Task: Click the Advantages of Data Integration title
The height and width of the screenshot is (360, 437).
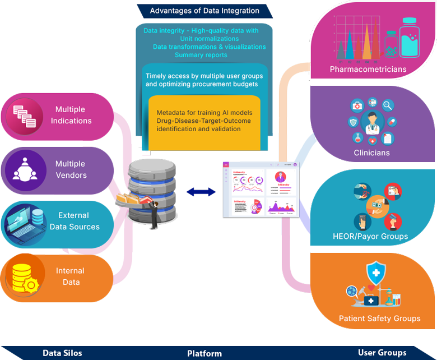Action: pos(204,11)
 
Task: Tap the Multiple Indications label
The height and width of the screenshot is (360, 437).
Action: pos(71,115)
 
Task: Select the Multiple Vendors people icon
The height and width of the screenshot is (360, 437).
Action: pos(24,169)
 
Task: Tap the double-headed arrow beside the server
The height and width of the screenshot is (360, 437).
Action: pos(201,192)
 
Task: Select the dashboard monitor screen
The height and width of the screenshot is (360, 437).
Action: pos(261,190)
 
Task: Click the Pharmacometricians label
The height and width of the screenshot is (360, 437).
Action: pos(368,70)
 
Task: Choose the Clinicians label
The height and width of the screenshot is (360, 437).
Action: pos(371,153)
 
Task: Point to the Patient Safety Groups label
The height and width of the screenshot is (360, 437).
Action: pos(379,319)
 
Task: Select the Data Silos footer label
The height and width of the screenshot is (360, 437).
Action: pos(62,353)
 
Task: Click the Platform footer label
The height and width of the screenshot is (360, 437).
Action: pos(204,353)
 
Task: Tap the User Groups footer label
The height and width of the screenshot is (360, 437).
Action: pos(382,352)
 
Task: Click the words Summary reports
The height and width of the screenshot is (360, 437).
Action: pos(201,55)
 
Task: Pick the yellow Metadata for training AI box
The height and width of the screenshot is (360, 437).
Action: pos(204,122)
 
